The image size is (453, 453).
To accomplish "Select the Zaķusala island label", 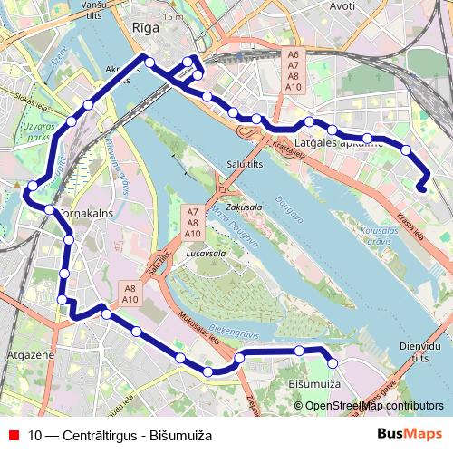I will click(x=244, y=207).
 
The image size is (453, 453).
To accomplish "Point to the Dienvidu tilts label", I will click(x=419, y=351).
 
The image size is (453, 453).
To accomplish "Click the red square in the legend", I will click(x=13, y=435).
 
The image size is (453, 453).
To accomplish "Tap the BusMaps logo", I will click(x=410, y=434).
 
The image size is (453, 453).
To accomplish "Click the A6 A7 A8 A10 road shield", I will click(x=293, y=71).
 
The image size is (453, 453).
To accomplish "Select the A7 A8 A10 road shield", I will click(x=192, y=222).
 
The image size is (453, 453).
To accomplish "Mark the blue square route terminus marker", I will click(x=422, y=188).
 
